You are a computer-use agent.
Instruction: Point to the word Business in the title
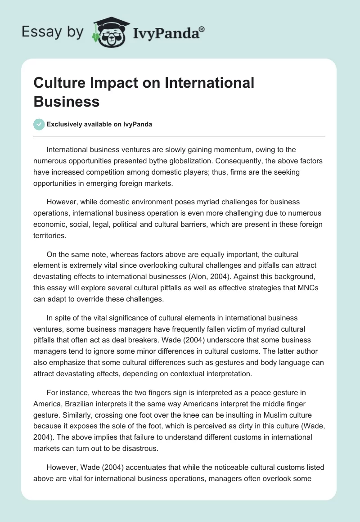click(x=67, y=101)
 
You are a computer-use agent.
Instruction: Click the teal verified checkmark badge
click(x=39, y=124)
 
